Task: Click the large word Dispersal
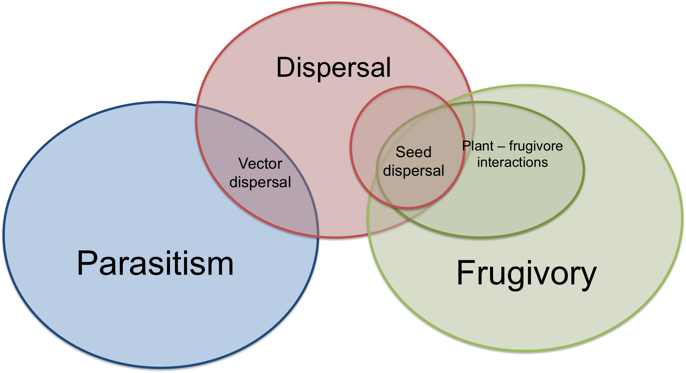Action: coord(334,67)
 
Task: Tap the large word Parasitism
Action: coord(155,263)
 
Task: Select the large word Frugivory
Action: coord(526,273)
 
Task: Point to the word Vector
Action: coord(260,164)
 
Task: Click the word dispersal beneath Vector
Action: coord(260,182)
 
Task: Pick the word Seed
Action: coord(413,152)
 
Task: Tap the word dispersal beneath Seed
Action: coord(413,171)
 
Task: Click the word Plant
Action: coord(478,146)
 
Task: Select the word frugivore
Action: coord(536,146)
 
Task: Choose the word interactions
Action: coord(512,162)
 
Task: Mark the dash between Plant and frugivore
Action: coord(501,147)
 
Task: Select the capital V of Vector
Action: coord(243,164)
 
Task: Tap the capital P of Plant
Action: coord(466,146)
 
